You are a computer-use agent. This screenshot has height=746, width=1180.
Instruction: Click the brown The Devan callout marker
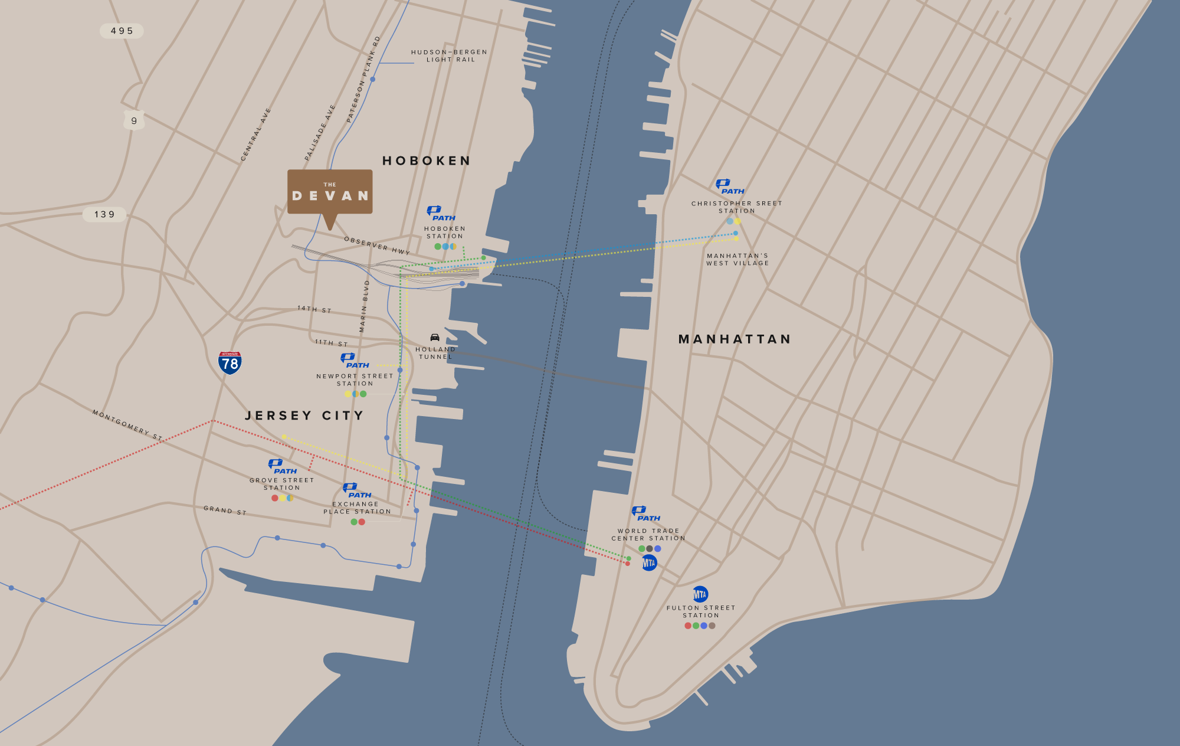pyautogui.click(x=330, y=192)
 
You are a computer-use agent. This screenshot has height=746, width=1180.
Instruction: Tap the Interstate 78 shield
pyautogui.click(x=230, y=362)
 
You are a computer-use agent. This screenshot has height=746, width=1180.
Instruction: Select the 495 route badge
pyautogui.click(x=122, y=31)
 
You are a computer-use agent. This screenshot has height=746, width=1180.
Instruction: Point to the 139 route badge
pyautogui.click(x=104, y=214)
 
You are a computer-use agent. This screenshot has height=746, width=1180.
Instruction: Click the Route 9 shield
pyautogui.click(x=134, y=120)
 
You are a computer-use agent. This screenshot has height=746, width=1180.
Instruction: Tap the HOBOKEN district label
pyautogui.click(x=427, y=161)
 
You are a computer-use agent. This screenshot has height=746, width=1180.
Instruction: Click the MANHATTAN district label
pyautogui.click(x=735, y=339)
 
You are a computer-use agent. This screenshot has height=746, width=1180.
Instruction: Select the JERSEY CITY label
pyautogui.click(x=304, y=415)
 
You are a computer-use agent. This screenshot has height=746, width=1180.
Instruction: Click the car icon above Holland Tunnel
pyautogui.click(x=435, y=338)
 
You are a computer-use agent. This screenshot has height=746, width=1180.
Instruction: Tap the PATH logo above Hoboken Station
pyautogui.click(x=441, y=213)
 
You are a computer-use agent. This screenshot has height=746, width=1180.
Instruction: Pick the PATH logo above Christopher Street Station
pyautogui.click(x=730, y=186)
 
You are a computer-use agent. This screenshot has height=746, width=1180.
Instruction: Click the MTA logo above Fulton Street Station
pyautogui.click(x=700, y=594)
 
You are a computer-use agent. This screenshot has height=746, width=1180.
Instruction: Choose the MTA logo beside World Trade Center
pyautogui.click(x=649, y=563)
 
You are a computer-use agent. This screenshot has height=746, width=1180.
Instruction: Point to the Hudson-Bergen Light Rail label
pyautogui.click(x=450, y=55)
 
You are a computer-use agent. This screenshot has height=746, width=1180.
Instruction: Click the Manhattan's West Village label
pyautogui.click(x=737, y=260)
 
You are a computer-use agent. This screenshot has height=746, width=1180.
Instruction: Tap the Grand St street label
pyautogui.click(x=225, y=511)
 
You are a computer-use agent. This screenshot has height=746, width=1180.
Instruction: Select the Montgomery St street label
pyautogui.click(x=127, y=425)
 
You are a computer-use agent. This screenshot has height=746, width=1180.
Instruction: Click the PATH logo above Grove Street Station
pyautogui.click(x=282, y=466)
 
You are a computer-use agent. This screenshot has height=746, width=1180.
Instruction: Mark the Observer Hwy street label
pyautogui.click(x=377, y=246)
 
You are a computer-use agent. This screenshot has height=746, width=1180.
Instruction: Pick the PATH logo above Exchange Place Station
pyautogui.click(x=357, y=490)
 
